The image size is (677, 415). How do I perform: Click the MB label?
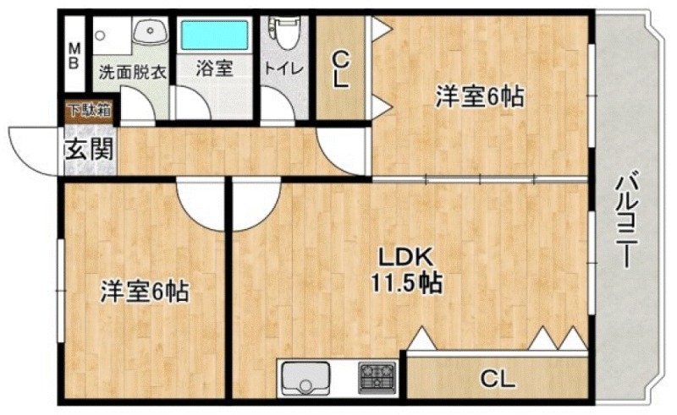[74, 56]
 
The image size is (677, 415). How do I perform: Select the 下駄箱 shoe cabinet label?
[89, 108]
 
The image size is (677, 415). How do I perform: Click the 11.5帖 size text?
[405, 281]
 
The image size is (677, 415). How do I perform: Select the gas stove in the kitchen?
[377, 376]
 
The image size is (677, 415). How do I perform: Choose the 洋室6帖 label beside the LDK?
[145, 292]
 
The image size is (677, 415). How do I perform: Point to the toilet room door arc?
[275, 107]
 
